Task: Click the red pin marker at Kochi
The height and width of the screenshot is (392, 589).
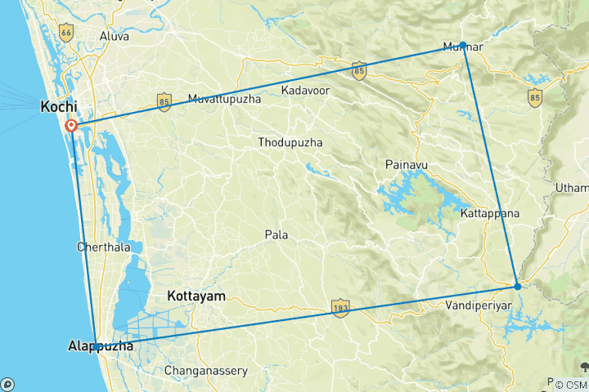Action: point(72,126)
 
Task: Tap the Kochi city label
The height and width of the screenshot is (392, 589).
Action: point(59,107)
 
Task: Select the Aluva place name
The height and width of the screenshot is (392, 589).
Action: point(114,36)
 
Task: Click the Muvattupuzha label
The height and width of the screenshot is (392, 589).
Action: point(224,99)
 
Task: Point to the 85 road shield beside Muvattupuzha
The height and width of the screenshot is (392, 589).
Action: point(164,101)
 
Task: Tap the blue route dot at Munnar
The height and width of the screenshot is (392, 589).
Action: point(463,45)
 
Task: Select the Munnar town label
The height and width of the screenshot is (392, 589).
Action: point(462,47)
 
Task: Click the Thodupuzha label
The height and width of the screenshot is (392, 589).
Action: point(290,142)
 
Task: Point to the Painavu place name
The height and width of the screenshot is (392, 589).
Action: point(407,165)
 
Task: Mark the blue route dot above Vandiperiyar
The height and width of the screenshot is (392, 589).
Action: point(517,286)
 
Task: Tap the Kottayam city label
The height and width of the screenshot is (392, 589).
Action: point(196,296)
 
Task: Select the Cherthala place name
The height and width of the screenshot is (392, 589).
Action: point(104,247)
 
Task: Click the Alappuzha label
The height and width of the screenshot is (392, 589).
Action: point(101,347)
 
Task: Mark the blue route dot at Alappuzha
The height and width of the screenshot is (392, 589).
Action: point(97,347)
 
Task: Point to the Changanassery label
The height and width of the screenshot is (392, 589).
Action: point(206,370)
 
